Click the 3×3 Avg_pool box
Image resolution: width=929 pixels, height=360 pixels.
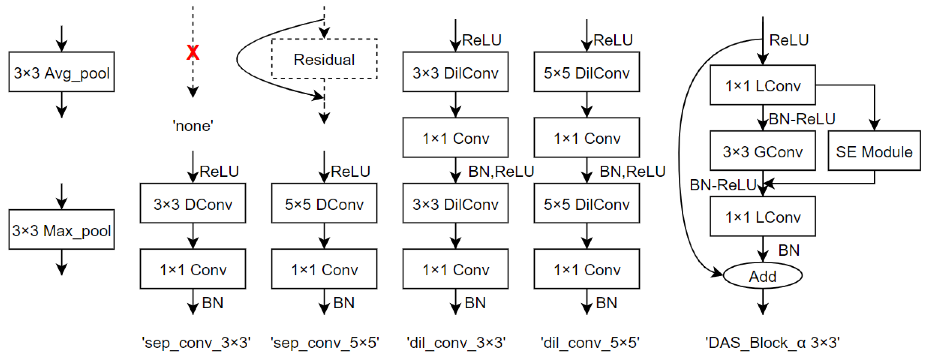pyautogui.click(x=62, y=72)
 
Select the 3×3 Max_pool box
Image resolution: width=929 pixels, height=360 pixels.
pyautogui.click(x=62, y=230)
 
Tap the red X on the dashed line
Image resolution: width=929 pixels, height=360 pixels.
pyautogui.click(x=193, y=53)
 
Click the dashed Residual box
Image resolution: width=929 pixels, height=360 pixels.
pyautogui.click(x=324, y=59)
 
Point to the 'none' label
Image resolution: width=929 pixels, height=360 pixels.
pyautogui.click(x=193, y=126)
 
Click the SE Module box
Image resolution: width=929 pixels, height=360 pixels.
pyautogui.click(x=874, y=151)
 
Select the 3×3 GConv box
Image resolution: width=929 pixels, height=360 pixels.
pyautogui.click(x=762, y=151)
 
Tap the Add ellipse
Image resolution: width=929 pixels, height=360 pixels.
pyautogui.click(x=762, y=276)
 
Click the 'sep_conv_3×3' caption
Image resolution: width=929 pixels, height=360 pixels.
pyautogui.click(x=196, y=342)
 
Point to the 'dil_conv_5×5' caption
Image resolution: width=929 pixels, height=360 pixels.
pyautogui.click(x=590, y=342)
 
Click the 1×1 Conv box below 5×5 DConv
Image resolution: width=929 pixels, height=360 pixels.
pyautogui.click(x=324, y=269)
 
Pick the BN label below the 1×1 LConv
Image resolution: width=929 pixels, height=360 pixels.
pyautogui.click(x=789, y=250)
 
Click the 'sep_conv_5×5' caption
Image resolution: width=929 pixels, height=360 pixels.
pyautogui.click(x=324, y=342)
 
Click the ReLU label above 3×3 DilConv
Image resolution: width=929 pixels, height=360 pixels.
pyautogui.click(x=481, y=40)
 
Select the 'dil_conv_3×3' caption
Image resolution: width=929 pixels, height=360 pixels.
pyautogui.click(x=456, y=342)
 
